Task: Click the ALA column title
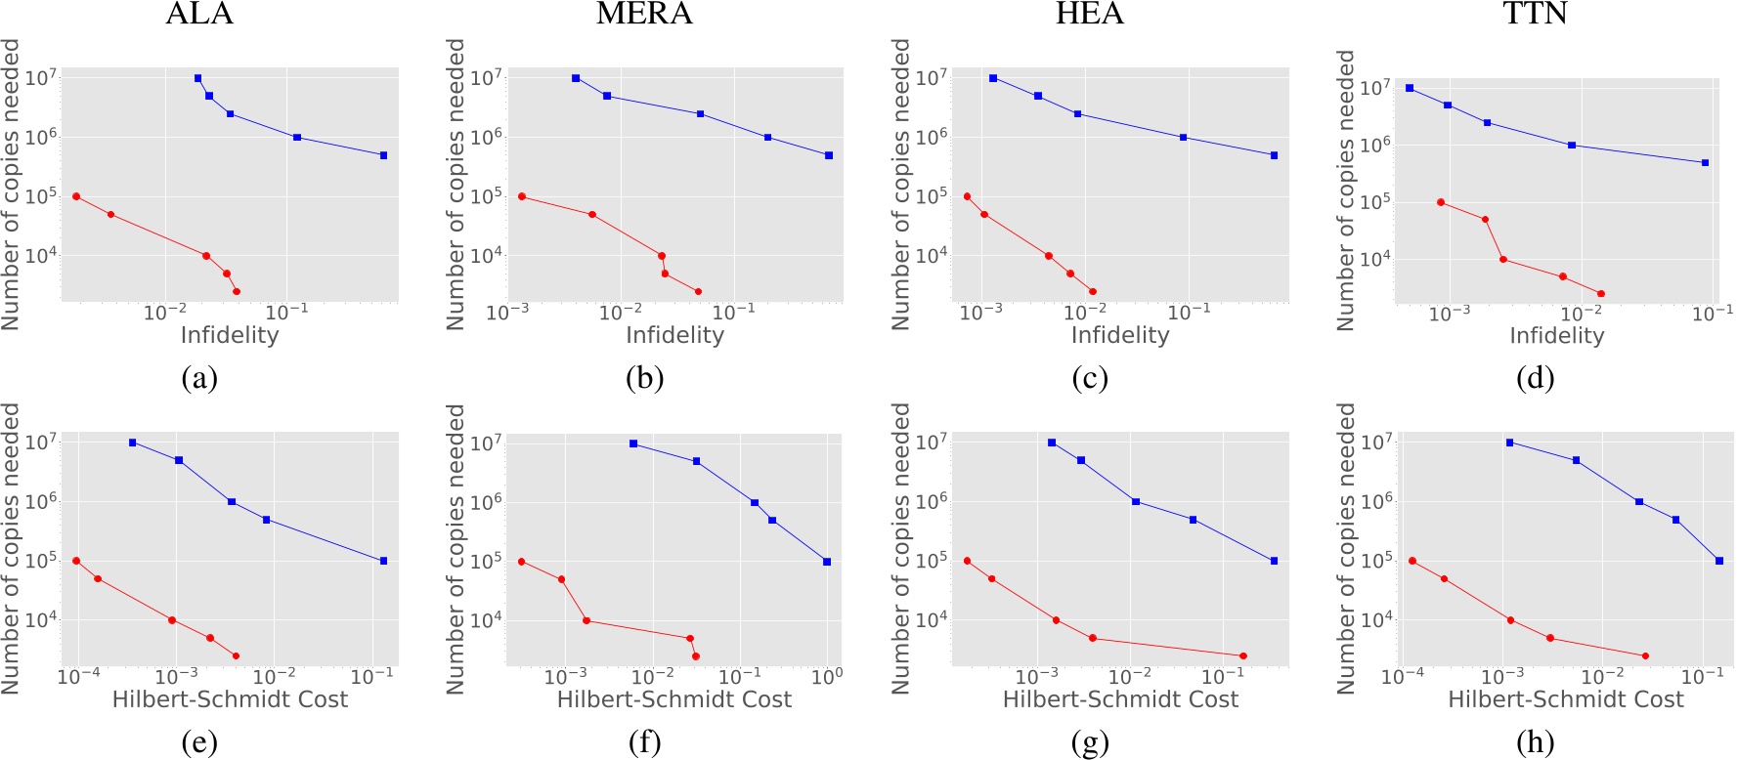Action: point(199,14)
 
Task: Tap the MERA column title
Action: point(644,14)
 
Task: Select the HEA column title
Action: point(1089,14)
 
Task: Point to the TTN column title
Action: point(1534,14)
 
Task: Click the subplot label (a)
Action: point(199,378)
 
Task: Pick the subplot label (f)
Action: point(644,743)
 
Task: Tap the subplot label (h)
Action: point(1535,743)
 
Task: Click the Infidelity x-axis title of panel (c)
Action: point(1119,335)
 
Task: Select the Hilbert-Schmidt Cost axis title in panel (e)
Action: point(230,699)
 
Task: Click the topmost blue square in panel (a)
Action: point(198,78)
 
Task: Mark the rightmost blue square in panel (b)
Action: point(829,155)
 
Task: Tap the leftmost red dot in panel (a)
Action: point(76,196)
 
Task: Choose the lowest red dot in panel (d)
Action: point(1600,293)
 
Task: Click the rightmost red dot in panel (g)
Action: point(1242,655)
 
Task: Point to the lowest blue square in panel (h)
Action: point(1719,561)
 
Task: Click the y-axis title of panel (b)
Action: point(456,184)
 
